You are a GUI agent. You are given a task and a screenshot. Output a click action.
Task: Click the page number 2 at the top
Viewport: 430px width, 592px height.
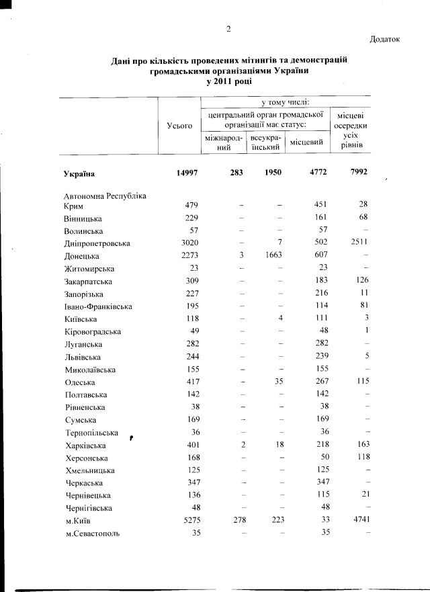pos(229,28)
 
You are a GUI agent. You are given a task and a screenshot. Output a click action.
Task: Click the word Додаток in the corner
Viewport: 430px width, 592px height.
pos(384,39)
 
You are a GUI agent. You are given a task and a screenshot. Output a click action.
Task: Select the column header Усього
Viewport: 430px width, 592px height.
pos(179,125)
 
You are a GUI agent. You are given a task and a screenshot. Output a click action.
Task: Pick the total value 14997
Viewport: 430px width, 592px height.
pos(186,173)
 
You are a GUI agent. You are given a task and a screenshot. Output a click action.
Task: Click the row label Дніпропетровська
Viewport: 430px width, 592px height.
pos(92,243)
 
